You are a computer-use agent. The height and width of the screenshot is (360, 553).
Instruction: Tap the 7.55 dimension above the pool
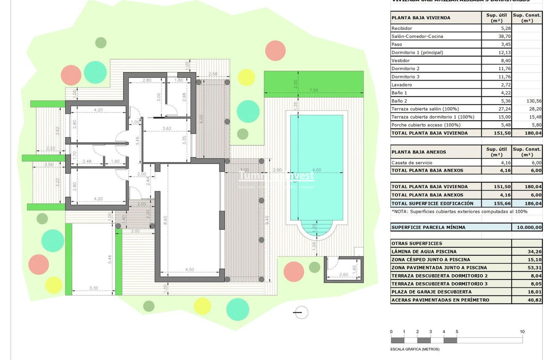pyautogui.click(x=314, y=90)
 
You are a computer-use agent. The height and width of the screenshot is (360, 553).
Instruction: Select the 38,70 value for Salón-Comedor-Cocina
pyautogui.click(x=496, y=36)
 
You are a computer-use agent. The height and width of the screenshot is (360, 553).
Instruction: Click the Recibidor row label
pyautogui.click(x=402, y=28)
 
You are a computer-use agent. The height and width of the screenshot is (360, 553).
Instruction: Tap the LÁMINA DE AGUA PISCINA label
pyautogui.click(x=424, y=251)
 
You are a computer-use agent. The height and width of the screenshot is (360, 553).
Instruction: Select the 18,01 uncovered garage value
pyautogui.click(x=534, y=292)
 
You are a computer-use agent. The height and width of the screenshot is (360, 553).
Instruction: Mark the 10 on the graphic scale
pyautogui.click(x=522, y=332)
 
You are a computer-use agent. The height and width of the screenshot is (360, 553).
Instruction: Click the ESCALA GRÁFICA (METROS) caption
pyautogui.click(x=415, y=349)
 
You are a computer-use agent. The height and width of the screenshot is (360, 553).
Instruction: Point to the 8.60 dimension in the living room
pyautogui.click(x=165, y=220)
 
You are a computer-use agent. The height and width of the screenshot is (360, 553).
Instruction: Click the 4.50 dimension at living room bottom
pyautogui.click(x=189, y=270)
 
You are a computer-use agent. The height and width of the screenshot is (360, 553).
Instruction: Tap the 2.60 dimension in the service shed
pyautogui.click(x=343, y=275)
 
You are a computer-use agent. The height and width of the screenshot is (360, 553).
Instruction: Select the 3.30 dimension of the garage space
pyautogui.click(x=94, y=288)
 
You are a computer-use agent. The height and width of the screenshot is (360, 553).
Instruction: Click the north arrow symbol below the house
pyautogui.click(x=300, y=312)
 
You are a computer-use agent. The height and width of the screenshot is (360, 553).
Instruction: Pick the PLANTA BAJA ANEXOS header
pyautogui.click(x=419, y=152)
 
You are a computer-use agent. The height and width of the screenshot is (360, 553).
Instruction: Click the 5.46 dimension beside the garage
pyautogui.click(x=110, y=259)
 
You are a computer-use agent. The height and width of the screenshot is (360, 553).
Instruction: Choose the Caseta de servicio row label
pyautogui.click(x=412, y=163)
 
